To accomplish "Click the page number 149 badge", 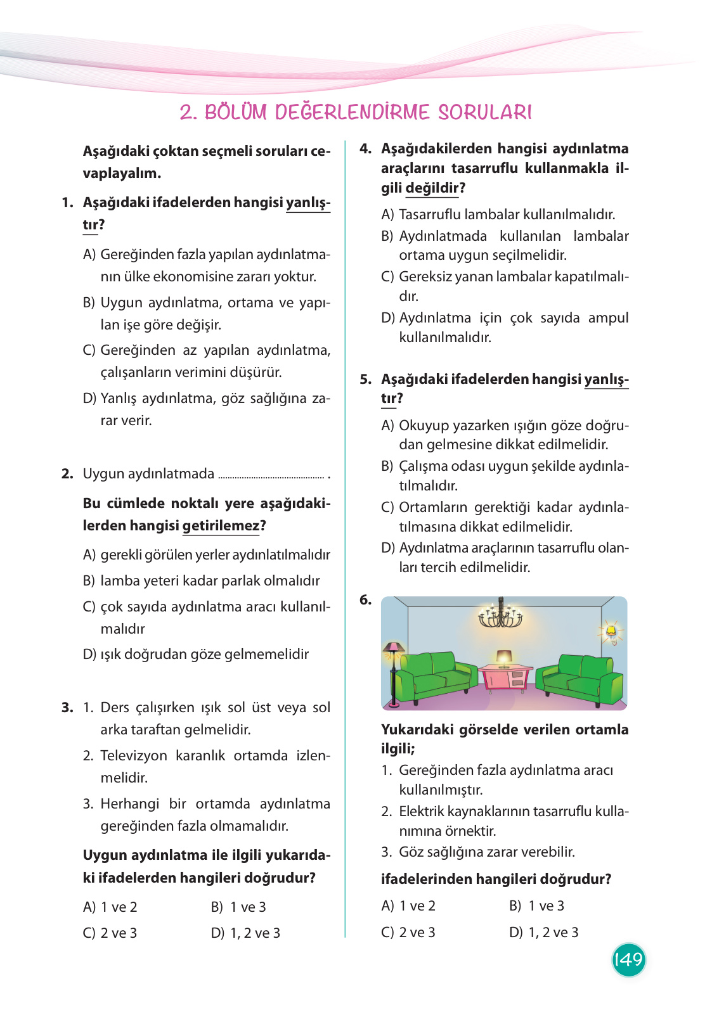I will pyautogui.click(x=628, y=959).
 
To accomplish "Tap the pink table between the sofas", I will pyautogui.click(x=505, y=677).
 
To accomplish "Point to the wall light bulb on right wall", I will pyautogui.click(x=611, y=632).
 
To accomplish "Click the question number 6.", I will pyautogui.click(x=366, y=599).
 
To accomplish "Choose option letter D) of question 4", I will pyautogui.click(x=388, y=317).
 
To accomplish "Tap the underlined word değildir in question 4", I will pyautogui.click(x=432, y=188).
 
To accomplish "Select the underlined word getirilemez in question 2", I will pyautogui.click(x=221, y=525).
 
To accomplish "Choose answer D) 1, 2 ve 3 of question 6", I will pyautogui.click(x=544, y=932).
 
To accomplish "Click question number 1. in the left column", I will pyautogui.click(x=68, y=202).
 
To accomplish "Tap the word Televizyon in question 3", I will pyautogui.click(x=134, y=755).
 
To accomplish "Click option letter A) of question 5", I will pyautogui.click(x=387, y=425).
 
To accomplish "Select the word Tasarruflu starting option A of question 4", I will pyautogui.click(x=430, y=214).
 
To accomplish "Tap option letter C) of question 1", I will pyautogui.click(x=89, y=350).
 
